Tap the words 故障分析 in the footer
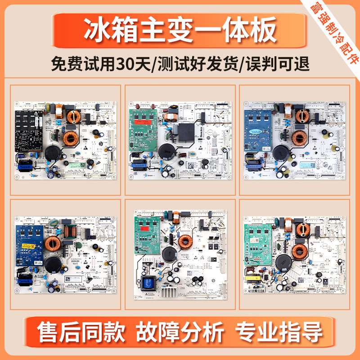pyautogui.click(x=180, y=333)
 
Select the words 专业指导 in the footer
pyautogui.click(x=279, y=333)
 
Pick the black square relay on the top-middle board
pyautogui.click(x=184, y=131)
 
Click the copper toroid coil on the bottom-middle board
pyautogui.click(x=185, y=242)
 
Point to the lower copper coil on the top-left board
pyautogui.click(x=71, y=137)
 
